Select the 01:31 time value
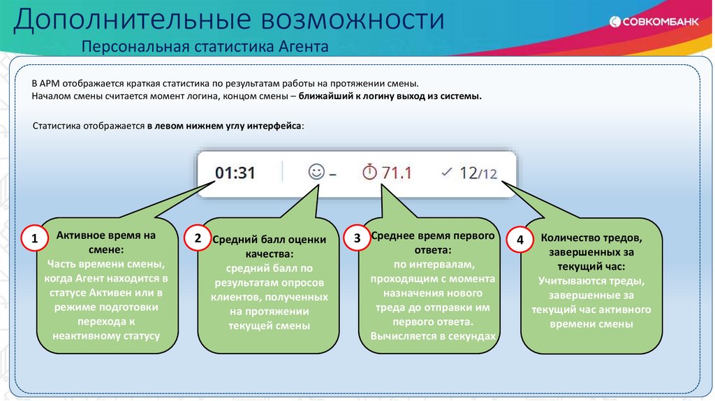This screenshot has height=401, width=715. pyautogui.click(x=235, y=173)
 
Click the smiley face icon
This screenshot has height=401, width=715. pyautogui.click(x=316, y=171)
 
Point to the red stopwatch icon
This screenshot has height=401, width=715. pyautogui.click(x=369, y=172)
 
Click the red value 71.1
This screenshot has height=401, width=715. pyautogui.click(x=397, y=173)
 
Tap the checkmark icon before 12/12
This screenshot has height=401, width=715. pyautogui.click(x=448, y=171)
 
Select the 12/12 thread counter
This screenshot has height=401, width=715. pyautogui.click(x=478, y=173)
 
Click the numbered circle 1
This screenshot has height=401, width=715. pyautogui.click(x=34, y=240)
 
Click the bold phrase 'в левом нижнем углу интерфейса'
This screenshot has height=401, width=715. pyautogui.click(x=224, y=125)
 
